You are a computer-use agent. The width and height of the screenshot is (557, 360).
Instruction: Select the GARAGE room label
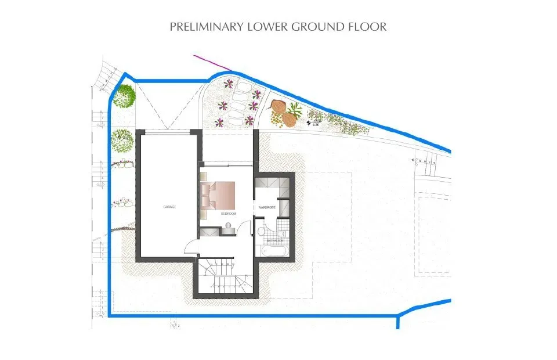coord(169,207)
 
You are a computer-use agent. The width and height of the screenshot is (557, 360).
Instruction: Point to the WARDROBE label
coord(266,207)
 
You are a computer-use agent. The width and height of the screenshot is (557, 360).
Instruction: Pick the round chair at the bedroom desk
coord(229,232)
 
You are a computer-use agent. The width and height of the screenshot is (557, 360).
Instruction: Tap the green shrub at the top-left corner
coord(124,96)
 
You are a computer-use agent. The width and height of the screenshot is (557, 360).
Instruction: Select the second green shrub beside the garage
coord(122,139)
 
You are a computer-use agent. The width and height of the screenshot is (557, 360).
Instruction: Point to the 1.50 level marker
coord(316,123)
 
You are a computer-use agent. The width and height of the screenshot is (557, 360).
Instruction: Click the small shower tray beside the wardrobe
coord(284,207)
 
